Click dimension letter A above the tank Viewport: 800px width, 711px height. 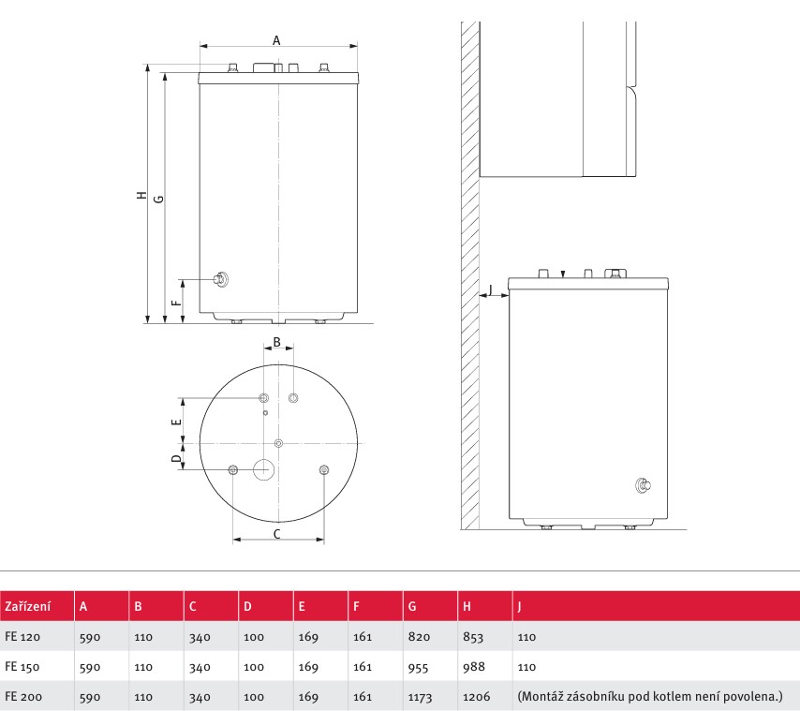276,40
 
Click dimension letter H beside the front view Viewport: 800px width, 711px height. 141,195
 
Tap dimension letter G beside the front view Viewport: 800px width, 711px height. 158,199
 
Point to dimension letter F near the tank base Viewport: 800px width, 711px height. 176,303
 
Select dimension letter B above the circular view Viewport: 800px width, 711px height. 277,342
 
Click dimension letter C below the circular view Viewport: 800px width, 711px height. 277,534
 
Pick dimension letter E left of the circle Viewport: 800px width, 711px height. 176,422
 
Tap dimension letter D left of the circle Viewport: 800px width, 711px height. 176,458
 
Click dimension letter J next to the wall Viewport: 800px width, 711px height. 490,289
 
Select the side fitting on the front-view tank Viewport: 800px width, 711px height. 221,279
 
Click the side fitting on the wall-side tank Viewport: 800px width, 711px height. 643,485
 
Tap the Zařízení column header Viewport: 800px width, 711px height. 27,606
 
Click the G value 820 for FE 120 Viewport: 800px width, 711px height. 419,637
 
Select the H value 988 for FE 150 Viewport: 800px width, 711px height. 473,667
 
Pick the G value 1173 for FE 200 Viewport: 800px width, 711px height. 420,697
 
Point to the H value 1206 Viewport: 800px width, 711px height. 476,697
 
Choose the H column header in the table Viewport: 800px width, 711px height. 467,606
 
